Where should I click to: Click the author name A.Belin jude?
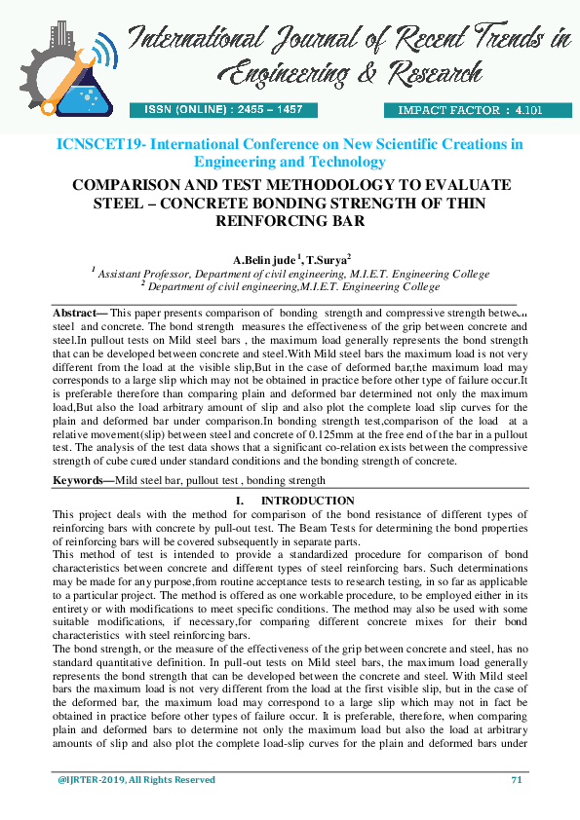coord(265,261)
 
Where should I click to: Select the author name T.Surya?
coord(327,261)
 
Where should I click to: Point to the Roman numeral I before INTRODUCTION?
coord(239,501)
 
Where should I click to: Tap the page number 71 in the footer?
coord(517,780)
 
